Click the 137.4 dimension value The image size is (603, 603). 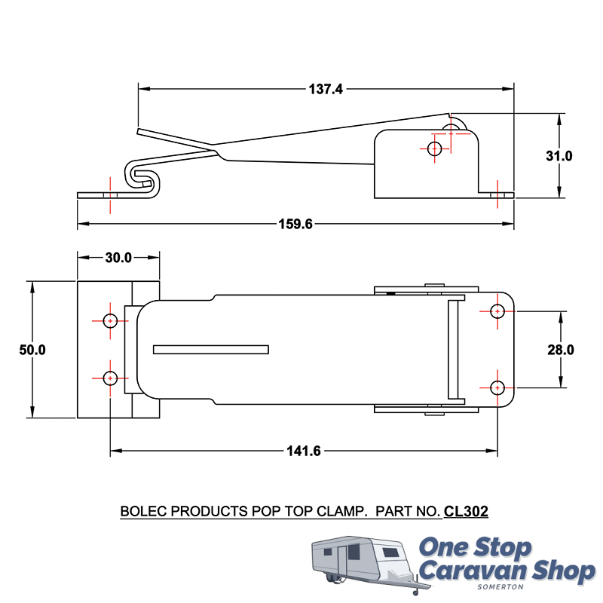click(326, 89)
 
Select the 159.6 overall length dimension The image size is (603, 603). click(295, 224)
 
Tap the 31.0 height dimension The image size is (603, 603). click(559, 156)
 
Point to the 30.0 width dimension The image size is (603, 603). click(118, 257)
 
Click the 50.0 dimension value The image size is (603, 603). click(32, 350)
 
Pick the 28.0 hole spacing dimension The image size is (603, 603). click(561, 350)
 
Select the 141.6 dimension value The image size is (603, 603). click(304, 451)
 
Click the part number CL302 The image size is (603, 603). click(466, 512)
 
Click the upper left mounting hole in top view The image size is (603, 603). click(110, 321)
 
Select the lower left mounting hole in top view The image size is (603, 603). click(110, 378)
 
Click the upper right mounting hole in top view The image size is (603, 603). click(497, 311)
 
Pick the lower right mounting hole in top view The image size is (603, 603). click(497, 387)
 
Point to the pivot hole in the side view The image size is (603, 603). click(434, 148)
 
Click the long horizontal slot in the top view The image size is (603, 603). click(210, 350)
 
